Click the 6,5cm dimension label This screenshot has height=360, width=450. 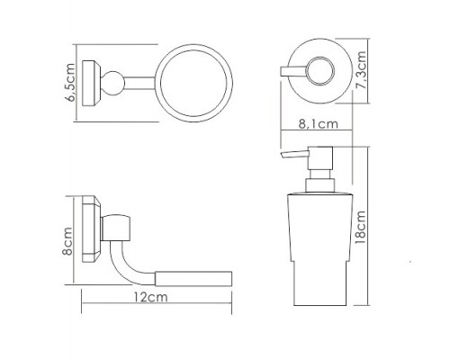(x=71, y=83)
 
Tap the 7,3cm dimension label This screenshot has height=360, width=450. (x=359, y=70)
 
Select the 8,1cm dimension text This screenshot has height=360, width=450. (x=319, y=123)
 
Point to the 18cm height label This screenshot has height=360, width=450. (x=360, y=227)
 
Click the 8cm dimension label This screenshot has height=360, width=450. (x=67, y=241)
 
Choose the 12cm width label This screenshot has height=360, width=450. (x=150, y=297)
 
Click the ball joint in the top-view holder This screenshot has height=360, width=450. (x=112, y=84)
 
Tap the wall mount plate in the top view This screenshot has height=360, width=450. (x=92, y=84)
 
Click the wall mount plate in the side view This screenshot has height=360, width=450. (x=92, y=229)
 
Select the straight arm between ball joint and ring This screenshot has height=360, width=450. (x=139, y=84)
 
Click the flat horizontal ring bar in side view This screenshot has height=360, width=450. (x=193, y=279)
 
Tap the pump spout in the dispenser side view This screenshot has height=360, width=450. (x=294, y=155)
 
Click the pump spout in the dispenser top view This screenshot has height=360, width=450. (x=292, y=71)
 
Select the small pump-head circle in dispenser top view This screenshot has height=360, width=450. (x=320, y=71)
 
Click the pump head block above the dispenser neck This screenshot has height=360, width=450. (x=320, y=158)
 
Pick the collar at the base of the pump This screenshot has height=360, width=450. (x=319, y=185)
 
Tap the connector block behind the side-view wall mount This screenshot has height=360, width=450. (x=116, y=228)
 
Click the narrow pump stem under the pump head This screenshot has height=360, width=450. (x=320, y=175)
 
